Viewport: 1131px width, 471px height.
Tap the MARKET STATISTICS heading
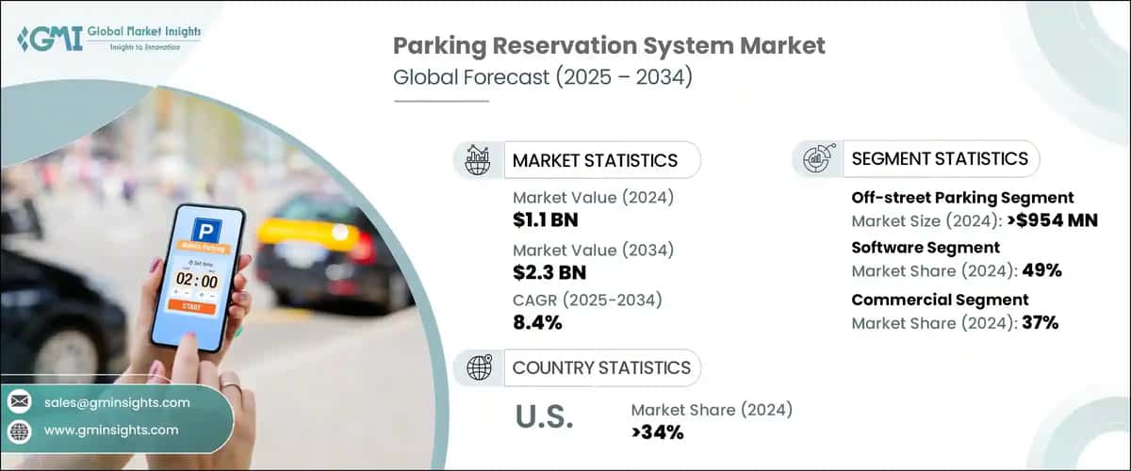pyautogui.click(x=594, y=160)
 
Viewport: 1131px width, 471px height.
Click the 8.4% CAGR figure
pyautogui.click(x=537, y=323)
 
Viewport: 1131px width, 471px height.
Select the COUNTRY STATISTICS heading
pyautogui.click(x=600, y=367)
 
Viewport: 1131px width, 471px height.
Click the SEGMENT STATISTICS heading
pyautogui.click(x=940, y=158)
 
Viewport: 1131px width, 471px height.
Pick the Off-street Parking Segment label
pyautogui.click(x=962, y=198)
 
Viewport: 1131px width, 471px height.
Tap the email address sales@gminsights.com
pyautogui.click(x=117, y=402)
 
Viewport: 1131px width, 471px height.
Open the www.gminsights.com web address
pyautogui.click(x=110, y=430)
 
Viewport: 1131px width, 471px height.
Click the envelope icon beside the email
pyautogui.click(x=19, y=402)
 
